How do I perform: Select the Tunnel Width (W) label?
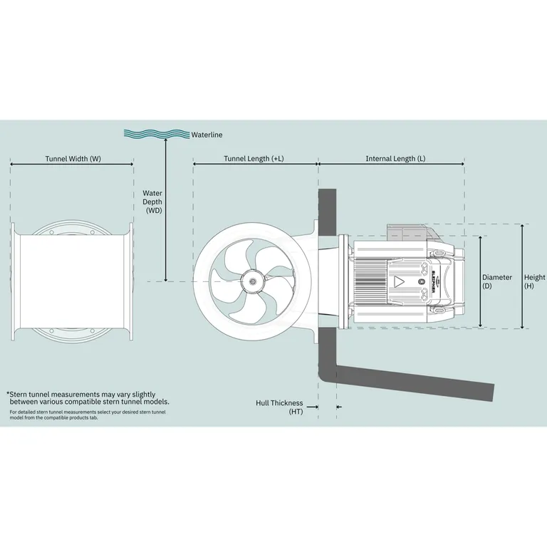72,158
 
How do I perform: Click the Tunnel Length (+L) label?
254,158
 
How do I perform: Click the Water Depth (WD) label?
153,202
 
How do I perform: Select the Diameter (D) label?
496,281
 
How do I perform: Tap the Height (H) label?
534,281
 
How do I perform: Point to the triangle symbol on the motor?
399,281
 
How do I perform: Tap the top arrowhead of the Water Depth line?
166,141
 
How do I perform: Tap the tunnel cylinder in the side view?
71,281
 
